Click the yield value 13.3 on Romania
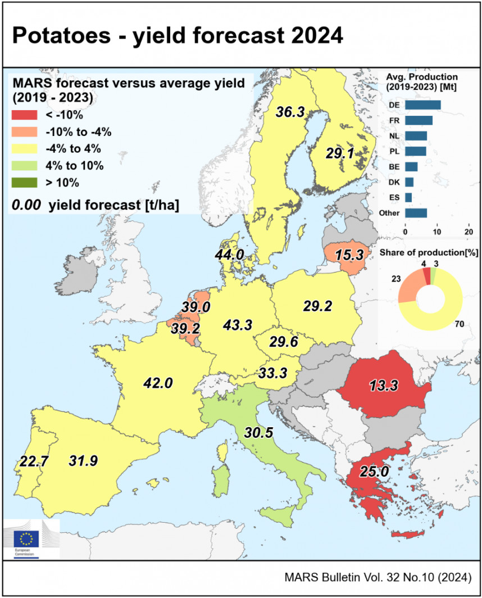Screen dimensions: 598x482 click(385, 386)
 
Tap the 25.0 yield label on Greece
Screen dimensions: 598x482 click(374, 471)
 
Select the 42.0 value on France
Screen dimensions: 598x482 click(158, 383)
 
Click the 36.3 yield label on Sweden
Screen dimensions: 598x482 click(290, 112)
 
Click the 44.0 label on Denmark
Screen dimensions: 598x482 click(229, 255)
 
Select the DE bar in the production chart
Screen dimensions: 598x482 click(422, 105)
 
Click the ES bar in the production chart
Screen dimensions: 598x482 click(408, 198)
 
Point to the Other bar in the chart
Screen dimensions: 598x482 click(416, 213)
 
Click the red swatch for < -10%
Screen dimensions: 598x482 click(24, 115)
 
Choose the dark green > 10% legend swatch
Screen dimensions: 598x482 click(24, 182)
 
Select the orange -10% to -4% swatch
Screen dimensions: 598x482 click(24, 132)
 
